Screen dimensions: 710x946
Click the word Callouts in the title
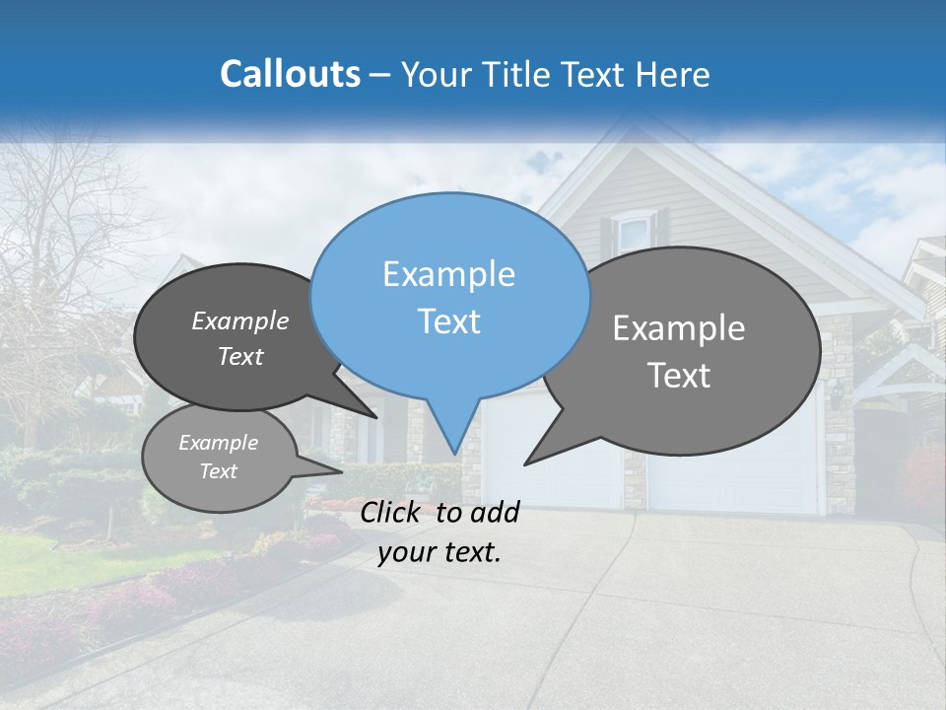(x=291, y=74)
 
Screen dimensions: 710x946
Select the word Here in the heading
(x=674, y=75)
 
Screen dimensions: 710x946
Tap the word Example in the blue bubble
(x=448, y=274)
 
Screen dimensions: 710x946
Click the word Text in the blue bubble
(x=448, y=321)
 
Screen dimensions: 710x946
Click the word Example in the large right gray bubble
(x=679, y=328)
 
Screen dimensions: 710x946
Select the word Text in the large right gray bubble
(x=679, y=376)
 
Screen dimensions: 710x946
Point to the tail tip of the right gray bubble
(x=525, y=463)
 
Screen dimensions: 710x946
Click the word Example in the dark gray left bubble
(x=240, y=320)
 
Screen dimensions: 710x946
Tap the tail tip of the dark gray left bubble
(x=377, y=417)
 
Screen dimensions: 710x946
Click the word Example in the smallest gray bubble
(x=218, y=443)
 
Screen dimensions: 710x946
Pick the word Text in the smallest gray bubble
(x=218, y=471)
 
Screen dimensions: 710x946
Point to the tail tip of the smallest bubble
(x=341, y=471)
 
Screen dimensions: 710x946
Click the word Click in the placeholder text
(x=393, y=512)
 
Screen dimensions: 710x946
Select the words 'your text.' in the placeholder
(x=439, y=552)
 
